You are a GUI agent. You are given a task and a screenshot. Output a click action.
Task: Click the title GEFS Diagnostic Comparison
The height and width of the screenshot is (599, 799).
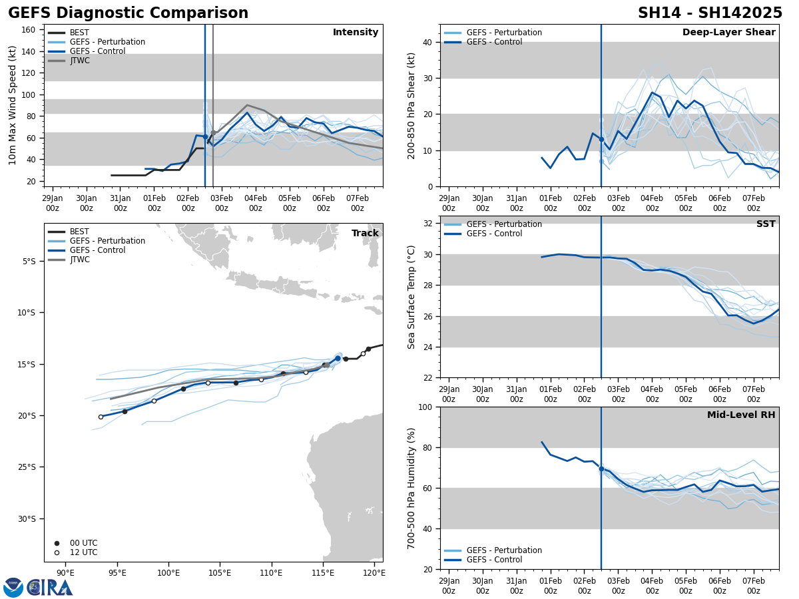coord(128,13)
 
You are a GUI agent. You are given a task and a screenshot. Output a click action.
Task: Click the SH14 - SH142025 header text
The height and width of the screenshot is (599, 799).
coord(710,13)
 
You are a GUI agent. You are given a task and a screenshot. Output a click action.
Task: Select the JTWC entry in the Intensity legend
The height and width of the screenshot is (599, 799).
coord(79,61)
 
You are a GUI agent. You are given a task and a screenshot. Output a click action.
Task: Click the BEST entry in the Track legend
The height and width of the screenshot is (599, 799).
coord(79,232)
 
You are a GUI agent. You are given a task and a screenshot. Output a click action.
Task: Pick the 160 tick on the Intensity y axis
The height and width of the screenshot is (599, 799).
coord(29,30)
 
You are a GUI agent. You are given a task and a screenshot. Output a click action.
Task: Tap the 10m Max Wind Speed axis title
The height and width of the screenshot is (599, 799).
coord(13,105)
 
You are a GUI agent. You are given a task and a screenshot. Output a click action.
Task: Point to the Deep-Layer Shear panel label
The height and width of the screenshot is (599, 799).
coord(728,33)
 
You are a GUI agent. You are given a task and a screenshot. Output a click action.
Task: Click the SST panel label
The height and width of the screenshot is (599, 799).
coord(765,224)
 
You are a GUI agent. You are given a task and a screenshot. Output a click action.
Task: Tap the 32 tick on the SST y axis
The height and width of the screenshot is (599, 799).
coord(429,224)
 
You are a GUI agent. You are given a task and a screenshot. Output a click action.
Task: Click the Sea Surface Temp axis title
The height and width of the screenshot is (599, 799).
coord(411,297)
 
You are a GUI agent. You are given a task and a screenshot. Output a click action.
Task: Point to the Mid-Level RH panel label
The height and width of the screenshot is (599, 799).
coord(740,415)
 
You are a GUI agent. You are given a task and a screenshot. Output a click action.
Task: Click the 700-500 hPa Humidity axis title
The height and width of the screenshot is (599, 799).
coord(411,488)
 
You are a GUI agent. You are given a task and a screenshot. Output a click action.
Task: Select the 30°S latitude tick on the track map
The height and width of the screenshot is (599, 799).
coord(27,519)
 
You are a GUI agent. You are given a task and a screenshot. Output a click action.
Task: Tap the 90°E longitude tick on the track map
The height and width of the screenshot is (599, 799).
coord(65,572)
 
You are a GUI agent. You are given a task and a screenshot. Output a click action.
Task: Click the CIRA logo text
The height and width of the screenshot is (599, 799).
coord(49,587)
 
